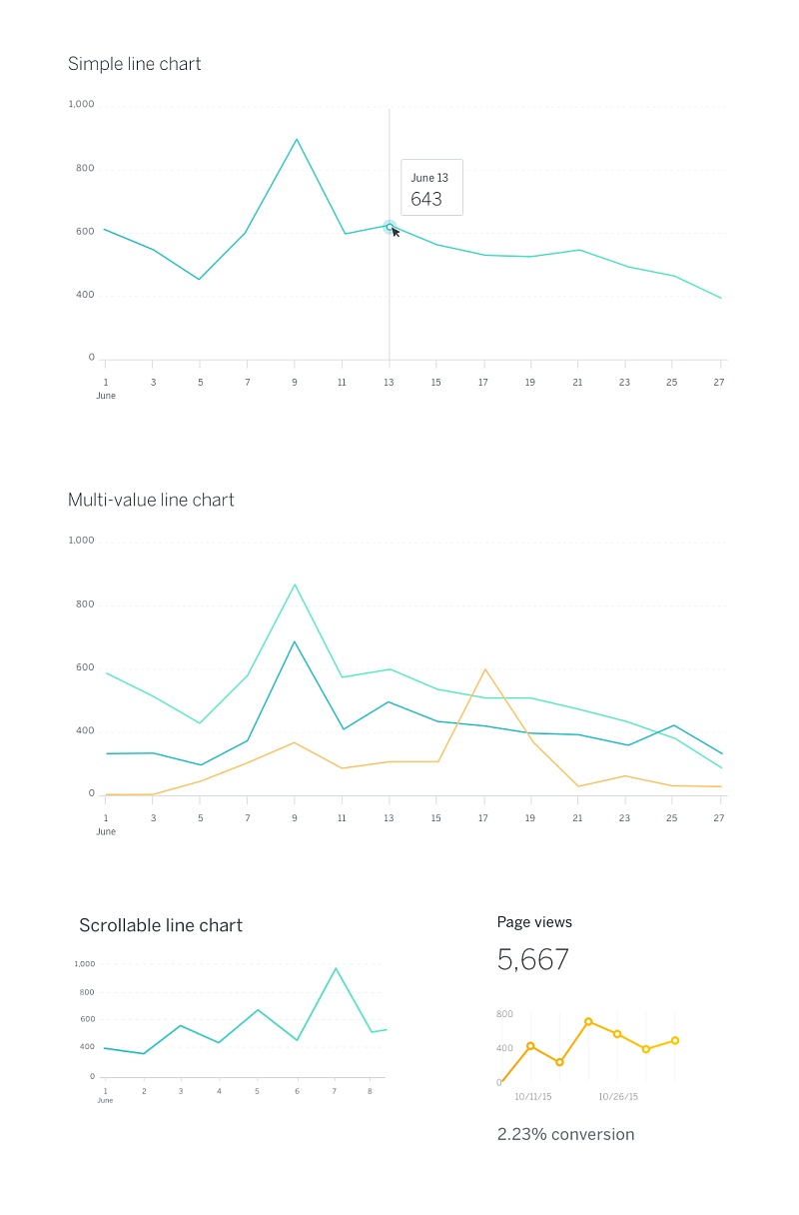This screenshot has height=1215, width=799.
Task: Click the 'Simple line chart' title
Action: tap(134, 64)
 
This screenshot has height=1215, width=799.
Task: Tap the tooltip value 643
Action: tap(425, 199)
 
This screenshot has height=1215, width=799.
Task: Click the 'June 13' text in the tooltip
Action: tap(429, 178)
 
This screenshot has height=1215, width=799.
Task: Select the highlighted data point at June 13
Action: tap(390, 227)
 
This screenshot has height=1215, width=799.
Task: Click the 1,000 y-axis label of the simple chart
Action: tap(81, 104)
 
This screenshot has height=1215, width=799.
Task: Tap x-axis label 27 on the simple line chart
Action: tap(719, 382)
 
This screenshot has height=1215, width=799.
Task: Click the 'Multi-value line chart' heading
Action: tap(151, 500)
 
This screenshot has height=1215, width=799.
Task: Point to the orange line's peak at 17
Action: tap(485, 669)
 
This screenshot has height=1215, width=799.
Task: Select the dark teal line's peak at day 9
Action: tap(295, 641)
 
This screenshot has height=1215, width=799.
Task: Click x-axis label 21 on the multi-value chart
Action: tap(577, 817)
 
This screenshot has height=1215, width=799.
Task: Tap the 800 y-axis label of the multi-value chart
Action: tap(84, 605)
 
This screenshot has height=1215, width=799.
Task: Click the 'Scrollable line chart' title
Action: tap(161, 925)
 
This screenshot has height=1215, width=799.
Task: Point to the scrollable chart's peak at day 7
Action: tap(336, 968)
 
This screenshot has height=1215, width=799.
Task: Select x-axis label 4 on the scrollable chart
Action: tap(219, 1091)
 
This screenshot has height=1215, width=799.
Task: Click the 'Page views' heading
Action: tap(534, 922)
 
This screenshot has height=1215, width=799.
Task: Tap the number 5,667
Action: tap(533, 960)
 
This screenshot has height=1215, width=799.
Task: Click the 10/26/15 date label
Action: tap(618, 1096)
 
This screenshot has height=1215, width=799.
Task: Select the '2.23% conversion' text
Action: tap(565, 1134)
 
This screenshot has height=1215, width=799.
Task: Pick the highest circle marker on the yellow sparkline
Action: tap(588, 1021)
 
